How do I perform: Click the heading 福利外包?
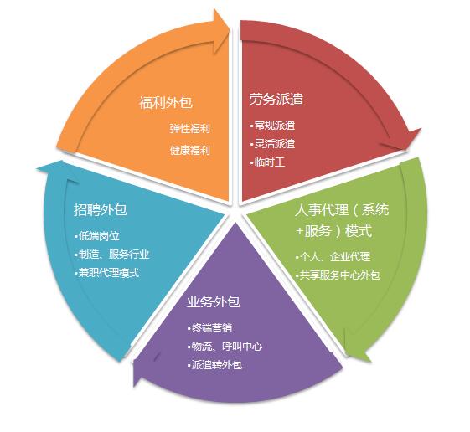[x=165, y=102]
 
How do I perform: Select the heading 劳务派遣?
[x=276, y=99]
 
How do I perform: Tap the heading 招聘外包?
[x=101, y=209]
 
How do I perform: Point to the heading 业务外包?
[x=214, y=301]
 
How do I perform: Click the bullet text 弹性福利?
[x=189, y=129]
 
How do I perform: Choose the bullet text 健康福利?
[x=189, y=150]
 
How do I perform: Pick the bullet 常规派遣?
[x=272, y=126]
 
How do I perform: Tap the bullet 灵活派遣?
[x=272, y=144]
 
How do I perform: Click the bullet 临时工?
[x=267, y=162]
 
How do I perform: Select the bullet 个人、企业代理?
[x=333, y=257]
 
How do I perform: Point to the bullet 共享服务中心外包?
[x=338, y=275]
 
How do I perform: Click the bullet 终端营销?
[x=209, y=328]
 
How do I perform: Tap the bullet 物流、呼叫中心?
[x=225, y=347]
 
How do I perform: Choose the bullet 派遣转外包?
[x=214, y=365]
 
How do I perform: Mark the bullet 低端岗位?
[x=97, y=236]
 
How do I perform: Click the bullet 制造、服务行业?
[x=112, y=255]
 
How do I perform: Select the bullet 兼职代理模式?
[x=107, y=273]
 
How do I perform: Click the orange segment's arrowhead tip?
[x=229, y=28]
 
